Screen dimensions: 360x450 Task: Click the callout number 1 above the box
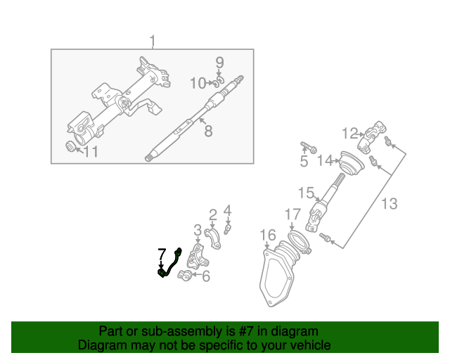(x=153, y=41)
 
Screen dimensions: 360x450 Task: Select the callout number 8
(x=208, y=130)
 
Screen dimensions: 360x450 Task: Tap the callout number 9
(x=219, y=63)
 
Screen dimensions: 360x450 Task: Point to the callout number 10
(x=198, y=84)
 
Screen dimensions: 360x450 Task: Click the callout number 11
(x=91, y=151)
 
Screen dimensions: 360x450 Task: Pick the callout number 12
(x=350, y=132)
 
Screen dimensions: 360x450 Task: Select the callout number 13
(x=389, y=204)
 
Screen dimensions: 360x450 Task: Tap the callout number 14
(x=324, y=161)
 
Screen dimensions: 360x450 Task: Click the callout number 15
(x=305, y=192)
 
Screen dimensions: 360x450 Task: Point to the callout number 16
(x=267, y=234)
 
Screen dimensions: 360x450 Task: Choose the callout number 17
(x=292, y=213)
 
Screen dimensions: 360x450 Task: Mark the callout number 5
(x=304, y=162)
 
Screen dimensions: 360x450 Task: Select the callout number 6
(x=205, y=277)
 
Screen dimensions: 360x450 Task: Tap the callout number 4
(x=227, y=210)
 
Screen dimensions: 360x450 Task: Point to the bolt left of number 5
(x=308, y=148)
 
